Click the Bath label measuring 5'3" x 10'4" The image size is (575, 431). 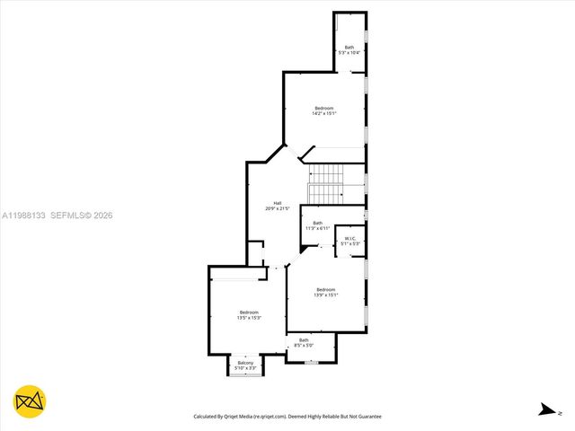(349, 50)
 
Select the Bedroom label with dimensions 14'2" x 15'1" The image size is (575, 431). (323, 111)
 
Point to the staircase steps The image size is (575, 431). (327, 184)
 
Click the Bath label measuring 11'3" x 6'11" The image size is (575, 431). (317, 225)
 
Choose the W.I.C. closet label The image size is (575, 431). (349, 241)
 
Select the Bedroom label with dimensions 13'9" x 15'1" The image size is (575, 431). (324, 292)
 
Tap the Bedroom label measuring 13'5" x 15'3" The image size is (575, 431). (248, 315)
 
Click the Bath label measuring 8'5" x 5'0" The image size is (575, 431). (303, 342)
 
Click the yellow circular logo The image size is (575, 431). (30, 401)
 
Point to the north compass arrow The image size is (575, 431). (545, 410)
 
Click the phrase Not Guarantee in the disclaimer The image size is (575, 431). (362, 417)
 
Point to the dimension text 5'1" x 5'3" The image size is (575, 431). (349, 243)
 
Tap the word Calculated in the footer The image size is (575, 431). (208, 417)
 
